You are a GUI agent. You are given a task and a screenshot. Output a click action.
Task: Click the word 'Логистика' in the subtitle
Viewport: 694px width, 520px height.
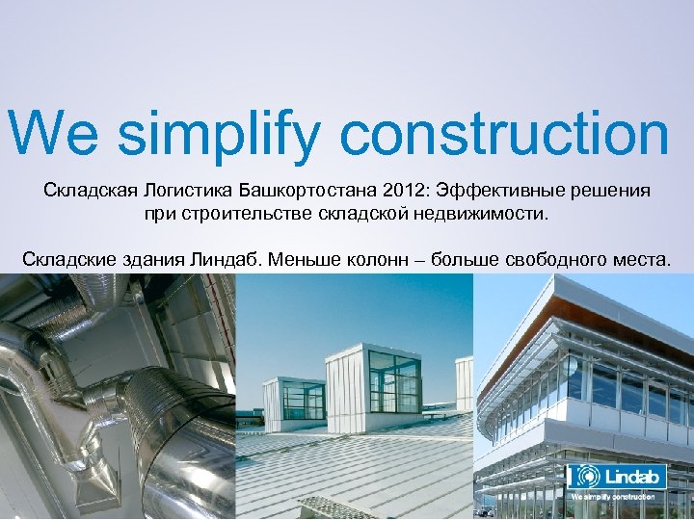(182, 191)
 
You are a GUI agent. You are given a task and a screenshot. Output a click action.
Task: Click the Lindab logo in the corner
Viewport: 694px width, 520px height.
(612, 477)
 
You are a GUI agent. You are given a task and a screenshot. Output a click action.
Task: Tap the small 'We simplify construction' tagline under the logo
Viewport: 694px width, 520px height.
(613, 497)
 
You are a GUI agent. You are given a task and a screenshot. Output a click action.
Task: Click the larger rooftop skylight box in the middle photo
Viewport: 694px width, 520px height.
(374, 380)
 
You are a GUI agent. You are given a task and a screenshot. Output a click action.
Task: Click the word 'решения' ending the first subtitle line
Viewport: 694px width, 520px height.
(613, 191)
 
